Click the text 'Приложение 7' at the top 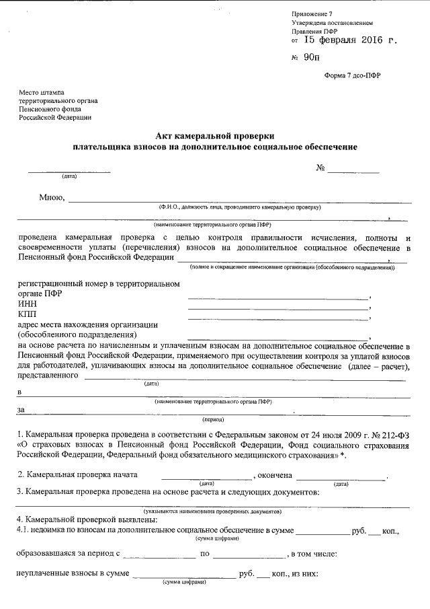312,13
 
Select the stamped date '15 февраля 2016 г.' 351,40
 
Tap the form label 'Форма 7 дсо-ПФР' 351,76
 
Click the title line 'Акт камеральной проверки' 215,135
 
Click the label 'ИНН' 24,304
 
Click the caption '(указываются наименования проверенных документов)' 212,511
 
